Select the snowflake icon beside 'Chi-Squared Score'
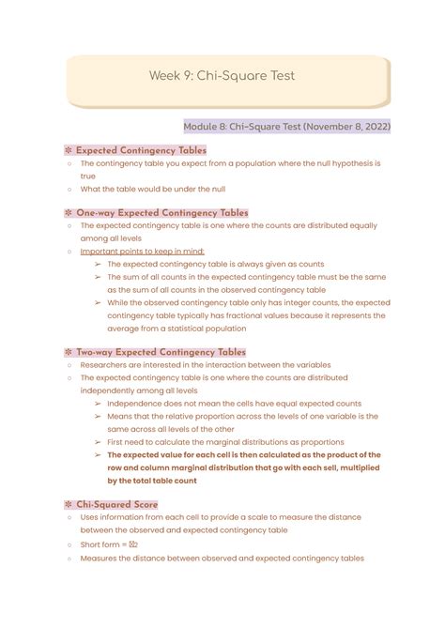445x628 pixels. click(x=69, y=504)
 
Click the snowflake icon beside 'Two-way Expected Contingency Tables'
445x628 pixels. click(x=69, y=352)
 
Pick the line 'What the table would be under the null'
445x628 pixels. click(x=157, y=190)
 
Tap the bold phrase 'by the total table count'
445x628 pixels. click(x=151, y=481)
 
